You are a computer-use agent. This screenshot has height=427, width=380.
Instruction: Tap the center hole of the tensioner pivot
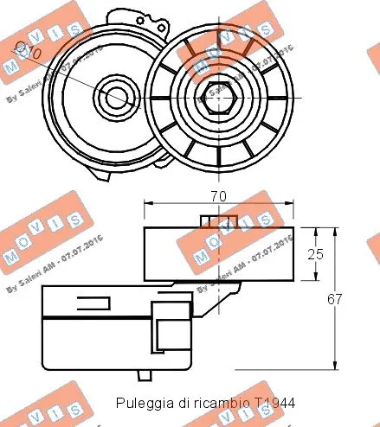[115, 96]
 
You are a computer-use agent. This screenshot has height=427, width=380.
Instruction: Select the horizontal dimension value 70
[218, 196]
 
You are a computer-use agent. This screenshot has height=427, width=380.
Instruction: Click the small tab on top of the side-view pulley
[210, 221]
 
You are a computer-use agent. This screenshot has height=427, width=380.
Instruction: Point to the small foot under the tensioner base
[146, 373]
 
